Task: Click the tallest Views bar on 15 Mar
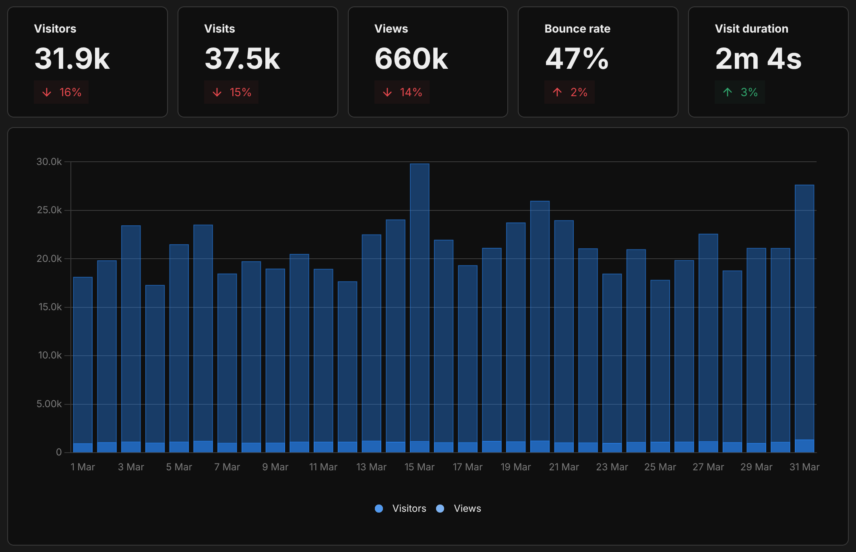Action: pyautogui.click(x=420, y=302)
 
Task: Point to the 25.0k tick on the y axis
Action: pyautogui.click(x=49, y=210)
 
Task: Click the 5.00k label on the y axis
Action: pyautogui.click(x=49, y=404)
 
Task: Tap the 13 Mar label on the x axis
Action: pyautogui.click(x=371, y=467)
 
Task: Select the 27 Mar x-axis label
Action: pyautogui.click(x=708, y=467)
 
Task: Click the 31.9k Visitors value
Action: pyautogui.click(x=72, y=59)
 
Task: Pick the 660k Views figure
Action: pyautogui.click(x=411, y=59)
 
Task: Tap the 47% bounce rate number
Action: pyautogui.click(x=577, y=59)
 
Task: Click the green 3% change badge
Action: pyautogui.click(x=740, y=93)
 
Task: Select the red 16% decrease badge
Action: pyautogui.click(x=61, y=93)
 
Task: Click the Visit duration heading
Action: pyautogui.click(x=751, y=29)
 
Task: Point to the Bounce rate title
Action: pyautogui.click(x=577, y=29)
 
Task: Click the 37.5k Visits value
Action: pyautogui.click(x=242, y=59)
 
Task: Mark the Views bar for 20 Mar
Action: pyautogui.click(x=540, y=322)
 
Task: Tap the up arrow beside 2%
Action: pyautogui.click(x=557, y=93)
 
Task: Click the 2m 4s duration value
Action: pyautogui.click(x=758, y=59)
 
